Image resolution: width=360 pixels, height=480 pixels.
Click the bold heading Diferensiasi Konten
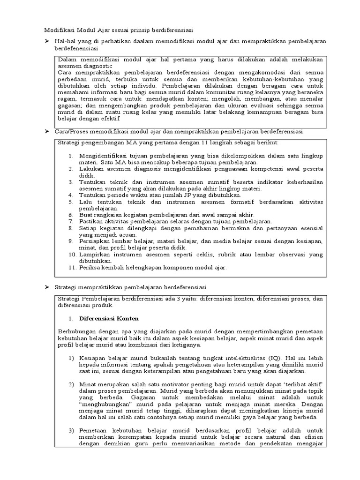[109, 318]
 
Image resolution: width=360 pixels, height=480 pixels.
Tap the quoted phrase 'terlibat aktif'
[309, 384]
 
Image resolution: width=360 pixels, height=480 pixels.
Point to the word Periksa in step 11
[90, 268]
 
